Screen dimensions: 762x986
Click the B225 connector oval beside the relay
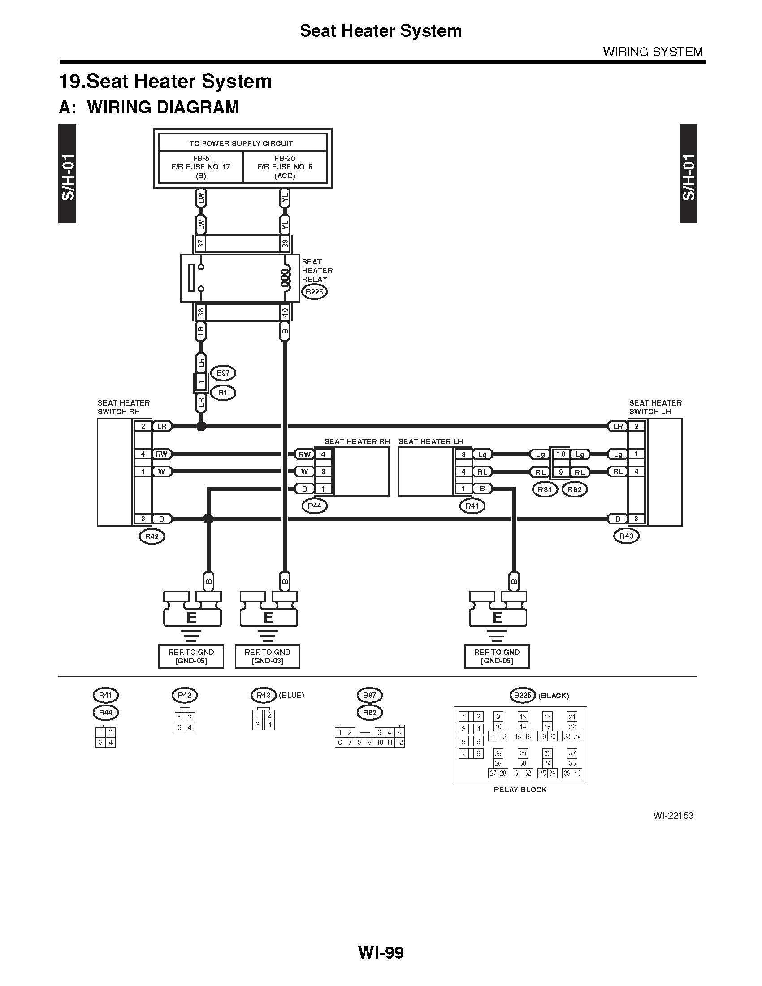(x=314, y=292)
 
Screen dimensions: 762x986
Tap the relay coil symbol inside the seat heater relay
(x=285, y=278)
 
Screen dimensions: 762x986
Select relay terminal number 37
(x=201, y=244)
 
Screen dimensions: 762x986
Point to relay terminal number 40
(x=285, y=312)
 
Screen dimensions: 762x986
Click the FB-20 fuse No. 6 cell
(x=285, y=167)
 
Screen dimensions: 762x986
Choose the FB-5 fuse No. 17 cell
(x=201, y=167)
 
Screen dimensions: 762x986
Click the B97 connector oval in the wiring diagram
(x=223, y=373)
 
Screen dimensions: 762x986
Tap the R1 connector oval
(x=223, y=393)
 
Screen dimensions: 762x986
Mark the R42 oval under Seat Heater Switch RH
(x=152, y=536)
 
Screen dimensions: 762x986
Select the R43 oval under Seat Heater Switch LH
(x=626, y=536)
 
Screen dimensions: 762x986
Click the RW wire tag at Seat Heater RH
(x=305, y=454)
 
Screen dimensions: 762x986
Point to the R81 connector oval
(x=545, y=489)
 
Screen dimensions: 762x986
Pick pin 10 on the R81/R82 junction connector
(x=561, y=454)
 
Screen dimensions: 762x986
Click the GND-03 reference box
(x=267, y=657)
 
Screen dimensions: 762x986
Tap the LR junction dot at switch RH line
(x=201, y=426)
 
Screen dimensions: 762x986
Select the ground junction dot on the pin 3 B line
(x=208, y=519)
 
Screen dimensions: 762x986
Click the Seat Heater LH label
(x=431, y=441)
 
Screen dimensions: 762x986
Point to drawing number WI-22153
(x=673, y=815)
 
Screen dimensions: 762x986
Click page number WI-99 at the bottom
(x=381, y=952)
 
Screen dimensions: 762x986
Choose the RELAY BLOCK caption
(x=520, y=790)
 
